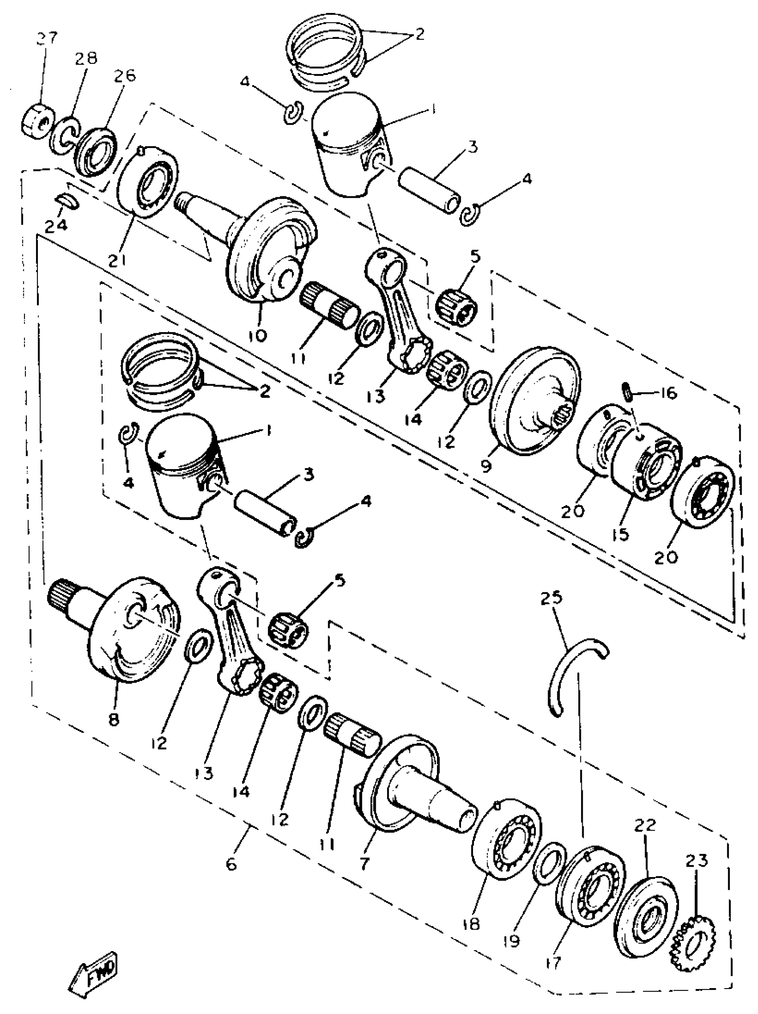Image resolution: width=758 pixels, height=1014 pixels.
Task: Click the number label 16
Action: click(x=669, y=393)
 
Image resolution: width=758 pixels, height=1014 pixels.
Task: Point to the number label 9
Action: click(x=486, y=466)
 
